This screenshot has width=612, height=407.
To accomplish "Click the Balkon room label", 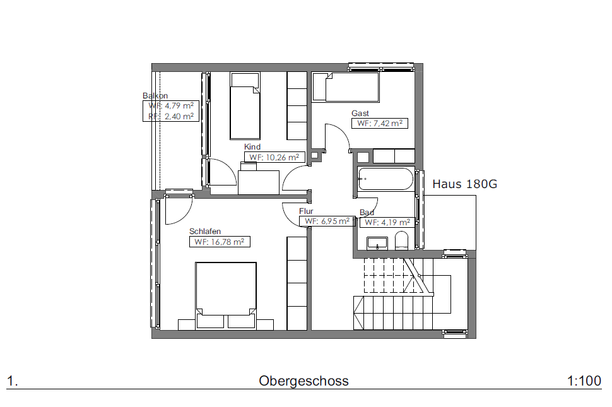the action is pyautogui.click(x=155, y=96).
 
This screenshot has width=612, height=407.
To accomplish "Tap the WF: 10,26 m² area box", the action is pyautogui.click(x=274, y=157).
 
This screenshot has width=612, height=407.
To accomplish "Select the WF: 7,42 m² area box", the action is pyautogui.click(x=380, y=123).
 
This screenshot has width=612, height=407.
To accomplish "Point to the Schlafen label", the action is pyautogui.click(x=205, y=231).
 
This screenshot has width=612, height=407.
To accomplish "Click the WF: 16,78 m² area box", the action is pyautogui.click(x=220, y=242).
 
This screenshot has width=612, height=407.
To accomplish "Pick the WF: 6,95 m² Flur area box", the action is pyautogui.click(x=327, y=221).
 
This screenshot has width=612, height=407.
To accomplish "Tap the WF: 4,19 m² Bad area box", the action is pyautogui.click(x=387, y=222).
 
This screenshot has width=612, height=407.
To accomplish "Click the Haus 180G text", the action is pyautogui.click(x=465, y=184).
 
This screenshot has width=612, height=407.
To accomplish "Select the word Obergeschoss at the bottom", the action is pyautogui.click(x=303, y=381).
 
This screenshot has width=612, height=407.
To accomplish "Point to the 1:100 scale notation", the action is pyautogui.click(x=584, y=381).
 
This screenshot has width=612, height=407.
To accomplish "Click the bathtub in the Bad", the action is pyautogui.click(x=385, y=179).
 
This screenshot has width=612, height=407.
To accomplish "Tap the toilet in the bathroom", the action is pyautogui.click(x=401, y=240).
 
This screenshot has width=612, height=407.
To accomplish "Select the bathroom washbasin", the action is pyautogui.click(x=377, y=243).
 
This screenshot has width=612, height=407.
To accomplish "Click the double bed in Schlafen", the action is pyautogui.click(x=226, y=296).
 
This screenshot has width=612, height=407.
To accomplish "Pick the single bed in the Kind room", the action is pyautogui.click(x=245, y=106).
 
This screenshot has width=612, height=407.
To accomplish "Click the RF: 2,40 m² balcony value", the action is pyautogui.click(x=171, y=116).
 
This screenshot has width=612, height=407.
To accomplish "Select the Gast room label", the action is pyautogui.click(x=360, y=113).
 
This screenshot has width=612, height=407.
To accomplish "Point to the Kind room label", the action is pyautogui.click(x=252, y=147).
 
